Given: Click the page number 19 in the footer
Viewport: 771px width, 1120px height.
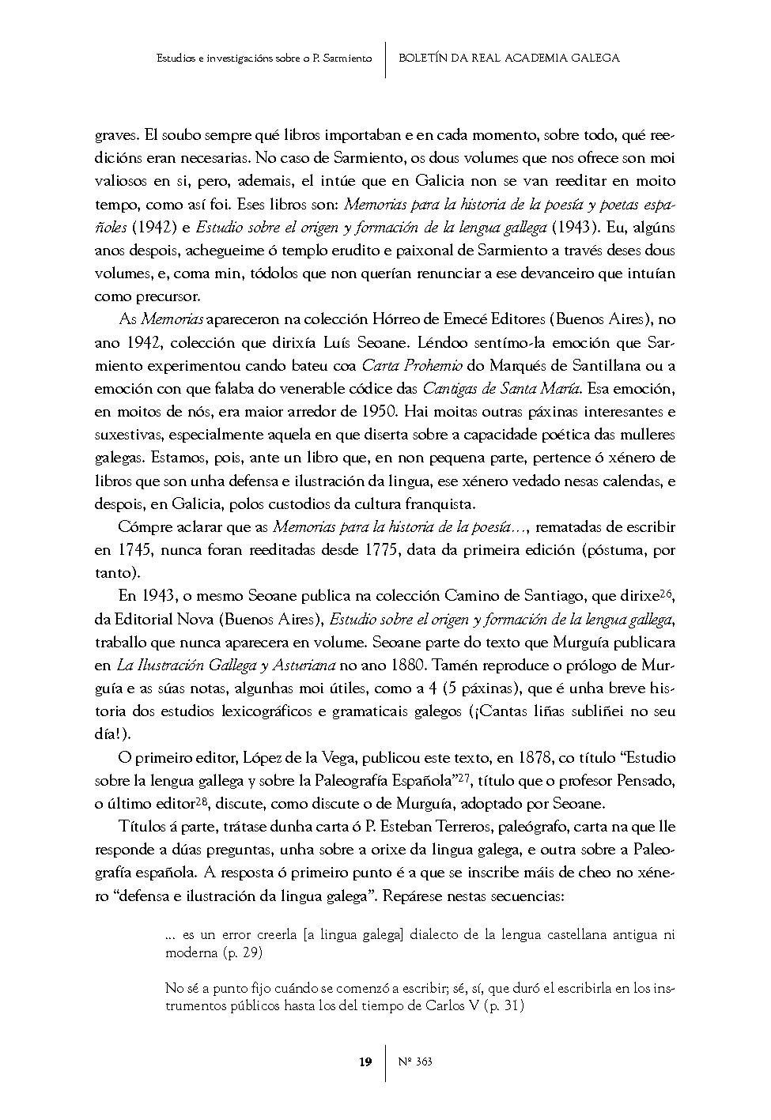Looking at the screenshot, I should [365, 1062].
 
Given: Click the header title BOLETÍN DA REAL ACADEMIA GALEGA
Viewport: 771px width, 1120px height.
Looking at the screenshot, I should [509, 58].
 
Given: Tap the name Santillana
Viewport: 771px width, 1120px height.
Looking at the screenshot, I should [602, 365].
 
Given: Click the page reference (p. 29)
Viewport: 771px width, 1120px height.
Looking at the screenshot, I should [242, 952].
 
